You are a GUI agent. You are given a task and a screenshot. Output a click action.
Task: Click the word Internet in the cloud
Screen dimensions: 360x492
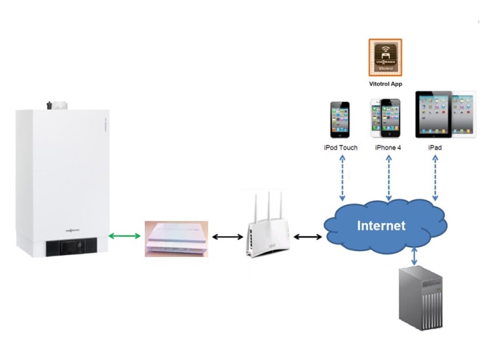coord(381,225)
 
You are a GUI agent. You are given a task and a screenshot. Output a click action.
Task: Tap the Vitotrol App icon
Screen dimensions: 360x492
coord(384,58)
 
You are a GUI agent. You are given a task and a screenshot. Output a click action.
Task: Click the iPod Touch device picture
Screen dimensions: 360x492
coord(340,120)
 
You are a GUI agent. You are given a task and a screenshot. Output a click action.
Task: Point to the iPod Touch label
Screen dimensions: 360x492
coord(340,148)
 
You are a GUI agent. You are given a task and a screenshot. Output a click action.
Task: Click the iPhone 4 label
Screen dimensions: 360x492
coord(388,148)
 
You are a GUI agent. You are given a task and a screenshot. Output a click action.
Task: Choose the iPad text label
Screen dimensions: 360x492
coord(435,148)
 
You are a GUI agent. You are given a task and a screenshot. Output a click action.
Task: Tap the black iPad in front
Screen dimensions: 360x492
coord(433,113)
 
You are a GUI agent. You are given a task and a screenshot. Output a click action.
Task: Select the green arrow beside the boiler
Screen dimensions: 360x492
coord(124,235)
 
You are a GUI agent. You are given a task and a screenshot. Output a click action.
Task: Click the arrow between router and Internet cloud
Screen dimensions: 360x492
coord(307,236)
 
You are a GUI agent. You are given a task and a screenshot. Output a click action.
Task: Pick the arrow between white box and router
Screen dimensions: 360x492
coord(228,236)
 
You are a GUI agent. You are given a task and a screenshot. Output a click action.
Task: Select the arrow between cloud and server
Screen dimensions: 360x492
coord(415,255)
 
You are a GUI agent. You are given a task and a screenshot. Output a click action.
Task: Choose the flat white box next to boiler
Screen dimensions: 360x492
coord(176,239)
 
